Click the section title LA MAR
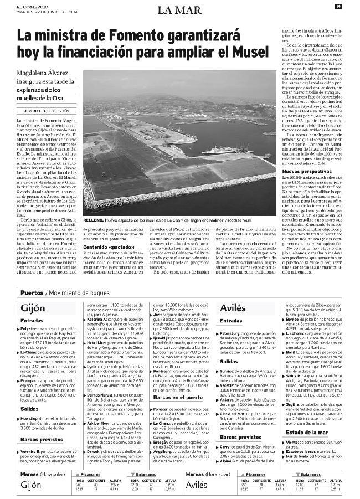click(179, 9)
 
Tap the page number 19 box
click(338, 6)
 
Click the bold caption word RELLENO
click(96, 219)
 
